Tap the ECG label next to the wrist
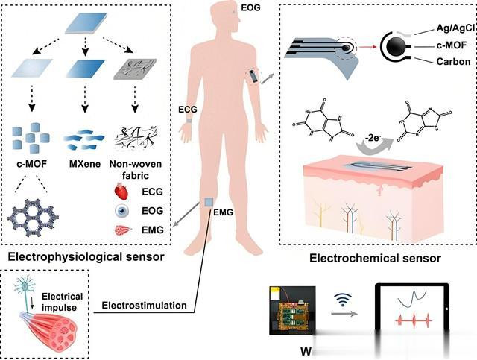point(189,109)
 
